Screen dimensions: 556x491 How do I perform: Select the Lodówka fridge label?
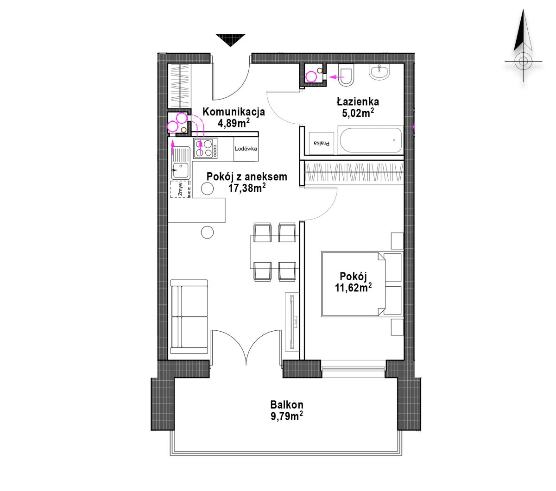pyautogui.click(x=246, y=149)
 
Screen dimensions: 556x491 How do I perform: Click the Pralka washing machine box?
pyautogui.click(x=322, y=143)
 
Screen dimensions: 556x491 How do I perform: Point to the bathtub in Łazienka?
pyautogui.click(x=370, y=140)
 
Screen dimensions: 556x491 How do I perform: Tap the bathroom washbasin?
pyautogui.click(x=379, y=72)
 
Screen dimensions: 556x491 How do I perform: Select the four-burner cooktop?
pyautogui.click(x=205, y=148)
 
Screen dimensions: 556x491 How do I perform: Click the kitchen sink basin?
pyautogui.click(x=181, y=170)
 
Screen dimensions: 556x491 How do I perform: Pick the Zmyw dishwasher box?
pyautogui.click(x=181, y=189)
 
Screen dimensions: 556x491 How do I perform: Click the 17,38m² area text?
pyautogui.click(x=247, y=188)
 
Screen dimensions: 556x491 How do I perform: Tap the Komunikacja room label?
pyautogui.click(x=234, y=112)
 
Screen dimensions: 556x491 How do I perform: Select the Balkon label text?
pyautogui.click(x=287, y=404)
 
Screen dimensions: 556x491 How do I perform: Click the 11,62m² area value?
pyautogui.click(x=353, y=288)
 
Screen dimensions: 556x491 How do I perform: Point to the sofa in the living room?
pyautogui.click(x=189, y=317)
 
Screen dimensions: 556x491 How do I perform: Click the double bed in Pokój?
pyautogui.click(x=362, y=284)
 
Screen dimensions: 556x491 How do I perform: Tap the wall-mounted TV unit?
pyautogui.click(x=292, y=321)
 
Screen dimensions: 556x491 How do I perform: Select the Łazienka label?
pyautogui.click(x=358, y=102)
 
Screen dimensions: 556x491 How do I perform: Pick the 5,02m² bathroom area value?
pyautogui.click(x=358, y=113)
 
